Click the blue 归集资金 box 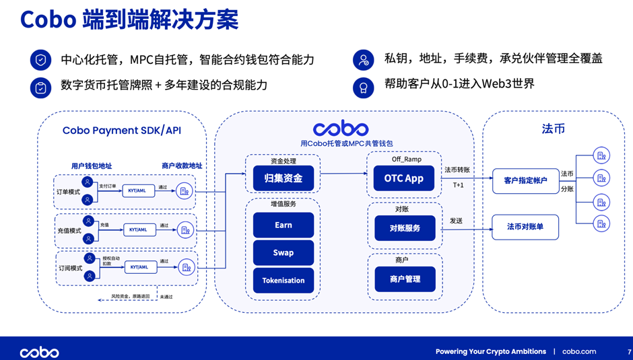click(283, 178)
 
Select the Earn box click(283, 225)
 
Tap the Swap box click(283, 252)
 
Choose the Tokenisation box click(283, 280)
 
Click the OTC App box click(404, 178)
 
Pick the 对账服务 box click(404, 228)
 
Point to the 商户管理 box click(404, 279)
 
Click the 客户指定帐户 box click(525, 180)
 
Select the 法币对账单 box click(525, 227)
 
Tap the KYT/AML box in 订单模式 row click(137, 190)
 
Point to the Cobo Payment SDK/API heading click(122, 131)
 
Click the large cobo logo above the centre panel click(341, 128)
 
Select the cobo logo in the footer click(39, 352)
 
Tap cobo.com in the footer click(579, 351)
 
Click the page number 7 click(629, 351)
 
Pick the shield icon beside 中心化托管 click(41, 60)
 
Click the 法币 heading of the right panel click(553, 128)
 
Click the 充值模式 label click(69, 230)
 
